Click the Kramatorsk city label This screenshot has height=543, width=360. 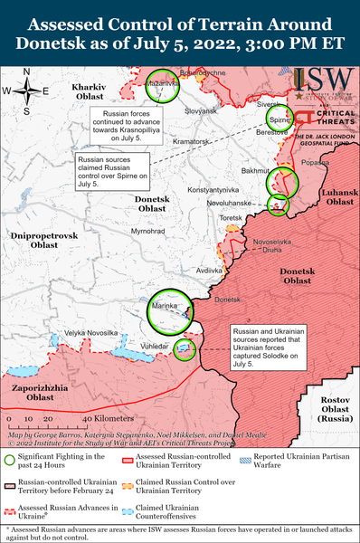tap(192, 142)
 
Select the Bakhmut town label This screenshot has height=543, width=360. tap(258, 170)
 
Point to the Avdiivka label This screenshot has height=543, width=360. tap(210, 271)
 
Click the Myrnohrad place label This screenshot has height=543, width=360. tap(147, 232)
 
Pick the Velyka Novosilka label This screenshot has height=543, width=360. tap(90, 333)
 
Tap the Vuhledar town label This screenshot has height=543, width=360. tap(155, 345)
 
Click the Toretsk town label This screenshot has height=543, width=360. tap(232, 218)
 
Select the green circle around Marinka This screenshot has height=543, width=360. tap(171, 310)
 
